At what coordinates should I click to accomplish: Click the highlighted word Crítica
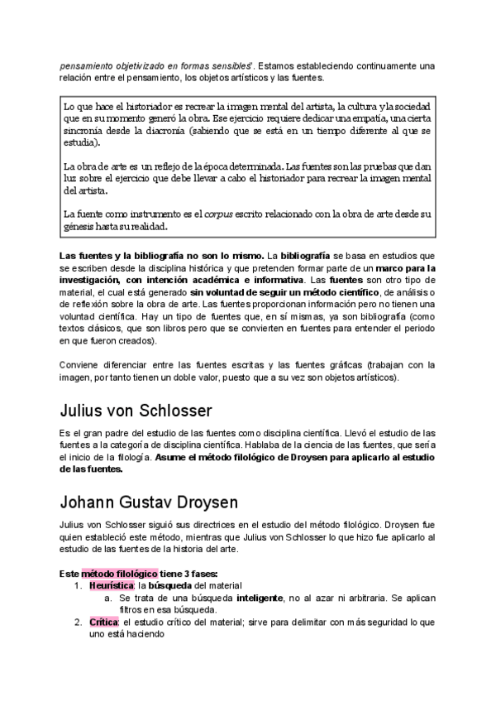pyautogui.click(x=104, y=621)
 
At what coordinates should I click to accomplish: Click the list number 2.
pyautogui.click(x=76, y=621)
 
